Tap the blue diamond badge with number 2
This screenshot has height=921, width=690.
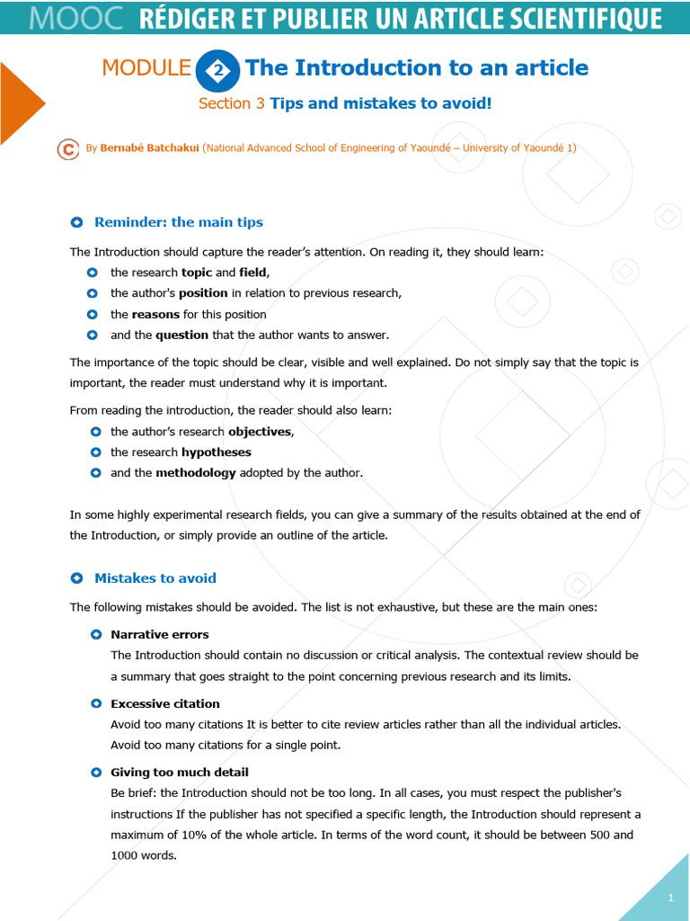point(218,69)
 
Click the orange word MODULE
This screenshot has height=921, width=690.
point(146,67)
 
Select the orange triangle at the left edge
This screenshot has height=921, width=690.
point(20,103)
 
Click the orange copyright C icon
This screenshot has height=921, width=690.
point(67,149)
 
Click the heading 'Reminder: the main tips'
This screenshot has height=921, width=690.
point(178,222)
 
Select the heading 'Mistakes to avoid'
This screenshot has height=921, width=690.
point(155,578)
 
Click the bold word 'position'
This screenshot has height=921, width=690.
point(203,293)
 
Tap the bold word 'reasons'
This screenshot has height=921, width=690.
point(155,314)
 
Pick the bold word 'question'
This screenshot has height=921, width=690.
point(181,335)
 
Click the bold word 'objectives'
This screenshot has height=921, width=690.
point(260,432)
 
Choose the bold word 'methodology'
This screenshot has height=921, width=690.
point(195,473)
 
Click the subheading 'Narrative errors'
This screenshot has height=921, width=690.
point(159,635)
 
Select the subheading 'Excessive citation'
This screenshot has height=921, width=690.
point(164,703)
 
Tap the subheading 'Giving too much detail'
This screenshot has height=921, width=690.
point(179,773)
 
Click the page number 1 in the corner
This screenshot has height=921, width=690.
point(670,899)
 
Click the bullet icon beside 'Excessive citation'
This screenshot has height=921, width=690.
point(96,703)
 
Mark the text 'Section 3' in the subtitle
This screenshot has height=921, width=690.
point(231,103)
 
